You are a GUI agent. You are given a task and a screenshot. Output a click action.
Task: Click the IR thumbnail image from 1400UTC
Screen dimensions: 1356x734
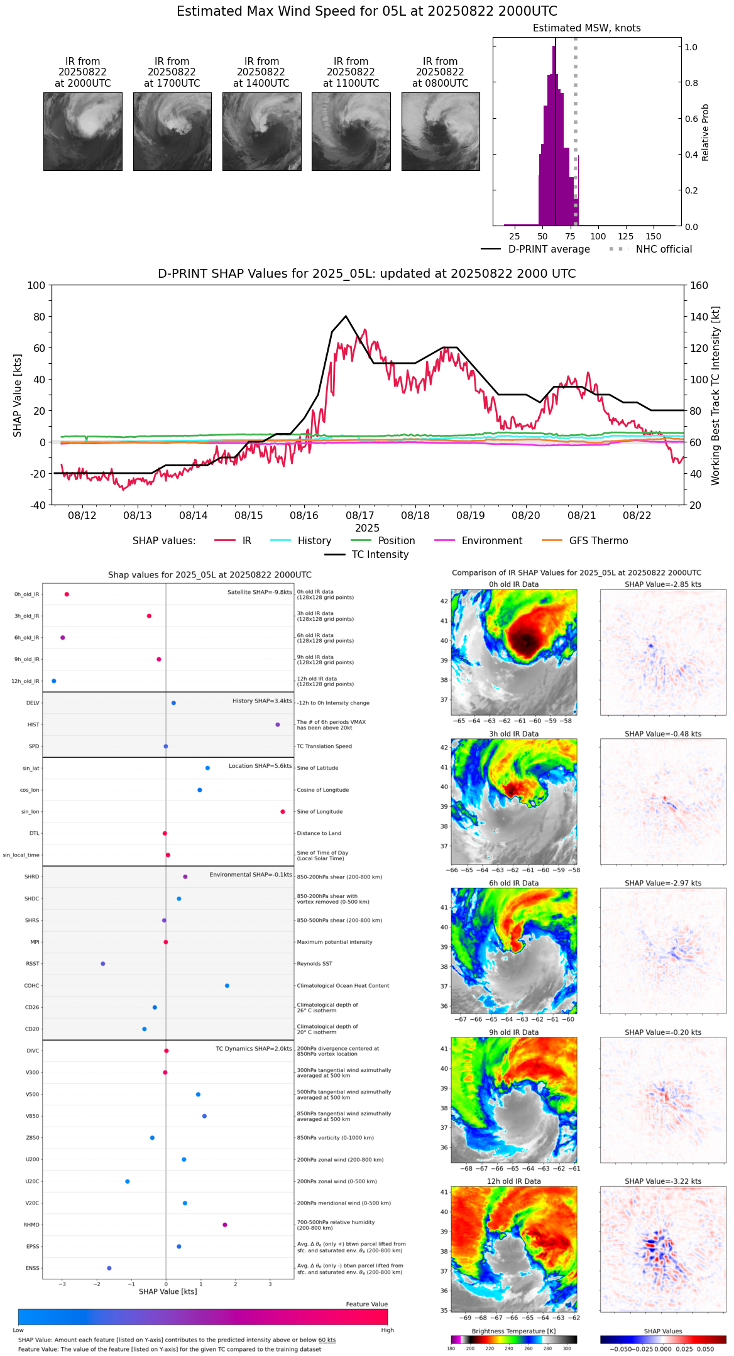(261, 131)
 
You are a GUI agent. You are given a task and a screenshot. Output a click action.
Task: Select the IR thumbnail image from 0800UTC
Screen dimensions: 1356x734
(441, 131)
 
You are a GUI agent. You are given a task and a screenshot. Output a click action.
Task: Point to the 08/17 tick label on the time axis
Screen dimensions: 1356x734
(360, 516)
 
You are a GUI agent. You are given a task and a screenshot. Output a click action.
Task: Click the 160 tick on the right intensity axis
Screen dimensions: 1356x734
(699, 286)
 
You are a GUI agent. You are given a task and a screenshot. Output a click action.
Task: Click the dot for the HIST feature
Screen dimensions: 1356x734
(278, 724)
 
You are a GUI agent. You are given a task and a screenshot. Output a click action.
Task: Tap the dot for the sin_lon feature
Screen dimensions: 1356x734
(283, 812)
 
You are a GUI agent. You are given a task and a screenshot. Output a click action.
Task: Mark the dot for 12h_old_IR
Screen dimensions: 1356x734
(54, 681)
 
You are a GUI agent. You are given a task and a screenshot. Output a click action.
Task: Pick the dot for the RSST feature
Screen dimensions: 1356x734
(103, 964)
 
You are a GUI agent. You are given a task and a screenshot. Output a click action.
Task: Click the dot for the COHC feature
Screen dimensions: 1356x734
(227, 986)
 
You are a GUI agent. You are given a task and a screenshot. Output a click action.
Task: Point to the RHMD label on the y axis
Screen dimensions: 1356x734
(31, 1225)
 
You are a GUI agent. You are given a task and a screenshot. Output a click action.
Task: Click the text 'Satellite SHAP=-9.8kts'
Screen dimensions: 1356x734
(260, 593)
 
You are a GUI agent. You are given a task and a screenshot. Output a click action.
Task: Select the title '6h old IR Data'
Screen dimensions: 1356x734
(513, 883)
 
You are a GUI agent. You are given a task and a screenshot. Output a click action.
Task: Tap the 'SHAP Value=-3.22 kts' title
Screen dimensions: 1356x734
(663, 1182)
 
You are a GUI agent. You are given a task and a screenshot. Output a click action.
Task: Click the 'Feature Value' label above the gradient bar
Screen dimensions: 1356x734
(366, 1304)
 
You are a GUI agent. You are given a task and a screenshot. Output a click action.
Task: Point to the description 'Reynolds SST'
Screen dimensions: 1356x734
(314, 964)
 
